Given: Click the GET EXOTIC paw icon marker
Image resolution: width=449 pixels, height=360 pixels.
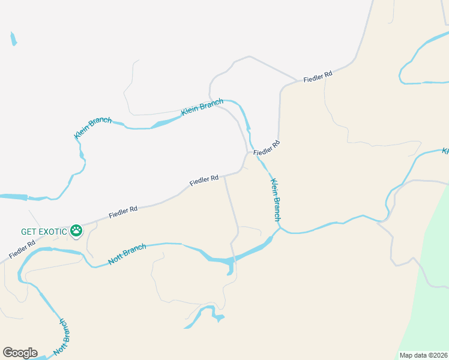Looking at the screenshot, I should (x=76, y=230).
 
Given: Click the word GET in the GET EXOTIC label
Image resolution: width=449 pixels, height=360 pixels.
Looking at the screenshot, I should (x=28, y=231).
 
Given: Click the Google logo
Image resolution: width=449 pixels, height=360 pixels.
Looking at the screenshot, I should (x=20, y=353).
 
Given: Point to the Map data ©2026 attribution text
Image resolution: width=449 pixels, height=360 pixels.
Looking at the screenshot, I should (x=423, y=355).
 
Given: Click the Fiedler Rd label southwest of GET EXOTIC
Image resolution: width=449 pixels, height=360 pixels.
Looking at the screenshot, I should (x=22, y=247).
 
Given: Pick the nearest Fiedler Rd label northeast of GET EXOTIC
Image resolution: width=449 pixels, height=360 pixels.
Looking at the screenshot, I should (x=123, y=212).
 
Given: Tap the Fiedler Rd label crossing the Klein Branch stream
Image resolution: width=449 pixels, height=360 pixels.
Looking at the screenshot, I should (x=267, y=148).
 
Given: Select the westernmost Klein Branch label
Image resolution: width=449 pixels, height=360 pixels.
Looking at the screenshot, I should (x=93, y=128).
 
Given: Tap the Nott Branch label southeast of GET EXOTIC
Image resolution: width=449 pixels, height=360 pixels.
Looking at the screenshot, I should (x=127, y=254).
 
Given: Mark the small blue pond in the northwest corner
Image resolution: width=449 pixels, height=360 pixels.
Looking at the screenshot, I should (x=13, y=39).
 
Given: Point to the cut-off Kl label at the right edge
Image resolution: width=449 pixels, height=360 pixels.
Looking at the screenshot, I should (x=445, y=151).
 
